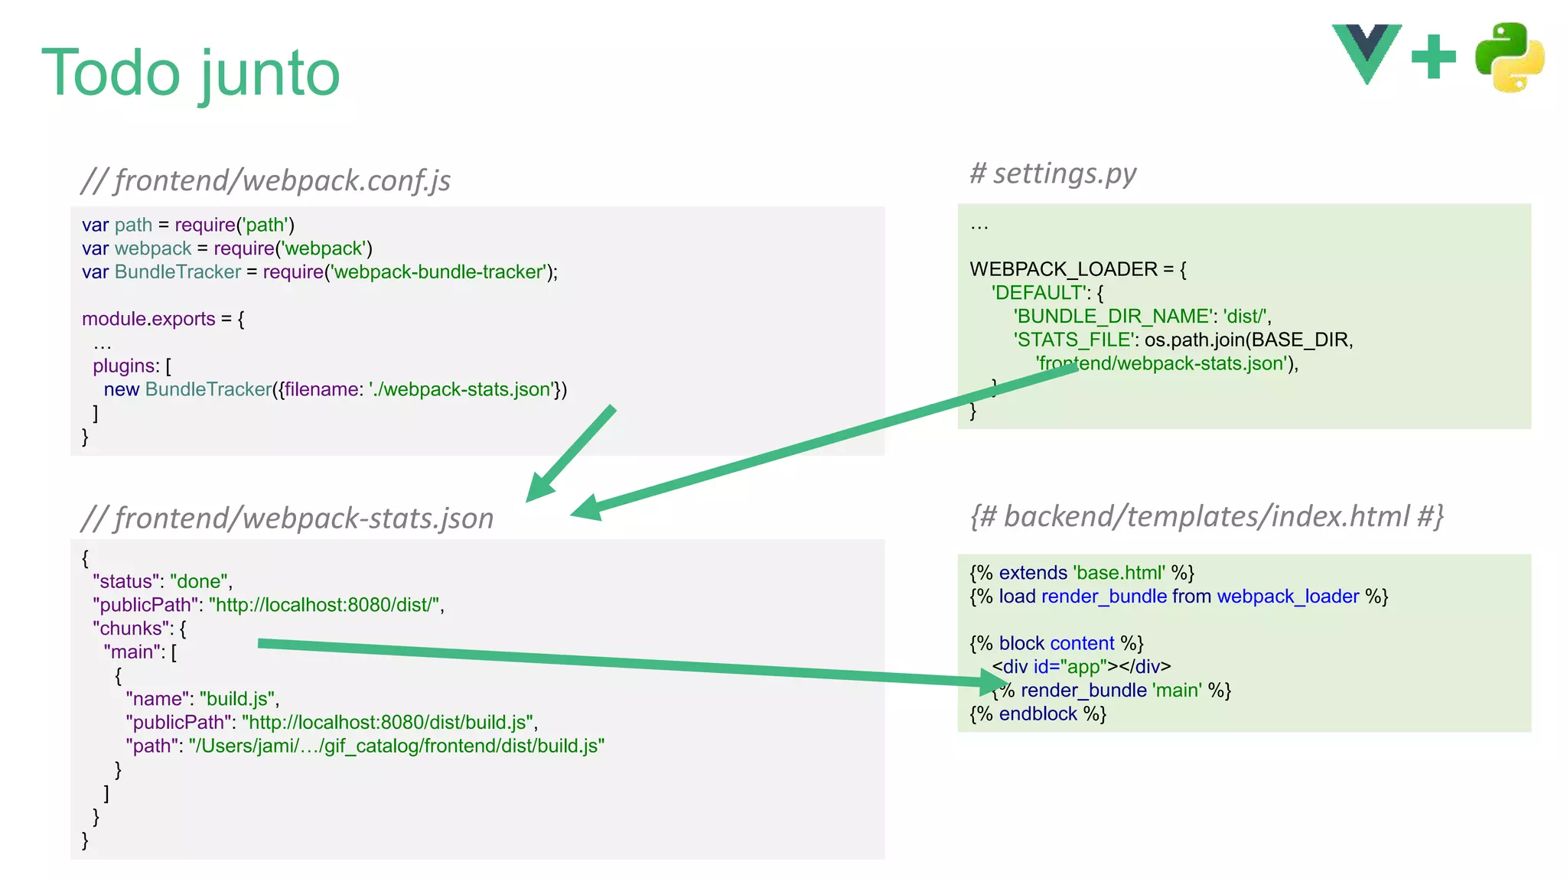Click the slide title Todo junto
pos(191,73)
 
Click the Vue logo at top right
pos(1367,52)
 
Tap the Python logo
pos(1509,57)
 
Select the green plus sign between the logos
pos(1433,57)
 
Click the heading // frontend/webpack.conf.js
pos(266,180)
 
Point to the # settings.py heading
pos(1053,174)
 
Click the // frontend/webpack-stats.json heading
pos(287,519)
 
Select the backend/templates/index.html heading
pos(1207,516)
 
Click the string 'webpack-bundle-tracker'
pos(438,272)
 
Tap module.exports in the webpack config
pos(148,319)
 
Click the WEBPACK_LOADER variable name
pos(1064,269)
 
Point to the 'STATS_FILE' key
pos(1072,340)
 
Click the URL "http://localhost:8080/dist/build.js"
pos(387,723)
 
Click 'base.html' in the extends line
pos(1119,573)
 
